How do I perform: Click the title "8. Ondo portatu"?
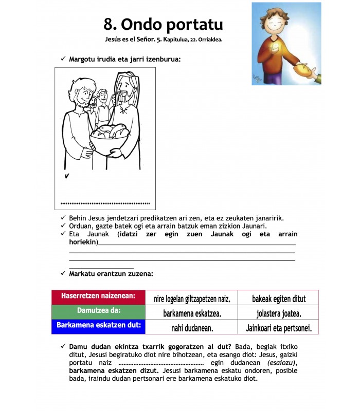pyautogui.click(x=163, y=24)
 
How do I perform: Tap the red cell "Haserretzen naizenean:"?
pyautogui.click(x=98, y=296)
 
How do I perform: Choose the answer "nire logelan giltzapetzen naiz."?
pyautogui.click(x=192, y=298)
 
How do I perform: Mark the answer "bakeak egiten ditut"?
pyautogui.click(x=279, y=298)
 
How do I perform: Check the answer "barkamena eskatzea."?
pyautogui.click(x=192, y=313)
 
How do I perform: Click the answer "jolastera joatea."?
pyautogui.click(x=279, y=313)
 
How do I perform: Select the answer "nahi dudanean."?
pyautogui.click(x=192, y=327)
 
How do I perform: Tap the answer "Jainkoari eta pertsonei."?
pyautogui.click(x=279, y=327)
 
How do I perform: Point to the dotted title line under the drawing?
pyautogui.click(x=105, y=202)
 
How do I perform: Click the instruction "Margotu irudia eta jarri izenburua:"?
pyautogui.click(x=124, y=59)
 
